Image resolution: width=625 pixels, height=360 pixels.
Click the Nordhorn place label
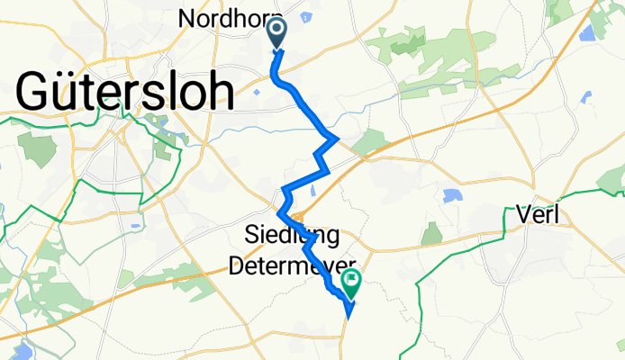pyautogui.click(x=230, y=18)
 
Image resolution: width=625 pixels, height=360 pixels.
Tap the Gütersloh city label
pyautogui.click(x=124, y=92)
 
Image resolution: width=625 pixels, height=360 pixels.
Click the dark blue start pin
pyautogui.click(x=276, y=34)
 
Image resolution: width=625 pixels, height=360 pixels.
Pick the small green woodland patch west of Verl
pyautogui.click(x=431, y=233)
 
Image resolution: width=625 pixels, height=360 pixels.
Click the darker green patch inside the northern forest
pyautogui.click(x=409, y=38)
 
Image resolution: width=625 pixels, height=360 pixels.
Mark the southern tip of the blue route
pyautogui.click(x=349, y=316)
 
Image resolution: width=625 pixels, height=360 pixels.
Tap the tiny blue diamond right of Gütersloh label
pyautogui.click(x=258, y=90)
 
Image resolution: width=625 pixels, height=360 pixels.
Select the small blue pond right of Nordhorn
pyautogui.click(x=307, y=16)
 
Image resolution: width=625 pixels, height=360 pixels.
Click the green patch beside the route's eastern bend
pyautogui.click(x=369, y=142)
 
